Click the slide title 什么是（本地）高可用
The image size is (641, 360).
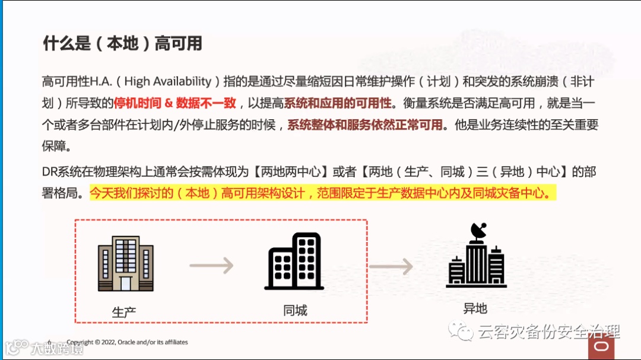pyautogui.click(x=122, y=43)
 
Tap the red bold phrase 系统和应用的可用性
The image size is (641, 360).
pyautogui.click(x=338, y=103)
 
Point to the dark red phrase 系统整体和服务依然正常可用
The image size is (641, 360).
pyautogui.click(x=365, y=125)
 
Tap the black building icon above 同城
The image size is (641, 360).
pyautogui.click(x=295, y=263)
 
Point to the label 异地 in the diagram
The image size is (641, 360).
pyautogui.click(x=475, y=308)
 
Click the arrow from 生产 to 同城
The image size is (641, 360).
pyautogui.click(x=211, y=266)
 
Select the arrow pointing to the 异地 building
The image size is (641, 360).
pyautogui.click(x=390, y=266)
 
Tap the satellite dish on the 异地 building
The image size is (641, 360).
pyautogui.click(x=478, y=231)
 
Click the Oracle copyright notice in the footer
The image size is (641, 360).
pyautogui.click(x=127, y=343)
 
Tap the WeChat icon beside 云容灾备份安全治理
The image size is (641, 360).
pyautogui.click(x=461, y=330)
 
